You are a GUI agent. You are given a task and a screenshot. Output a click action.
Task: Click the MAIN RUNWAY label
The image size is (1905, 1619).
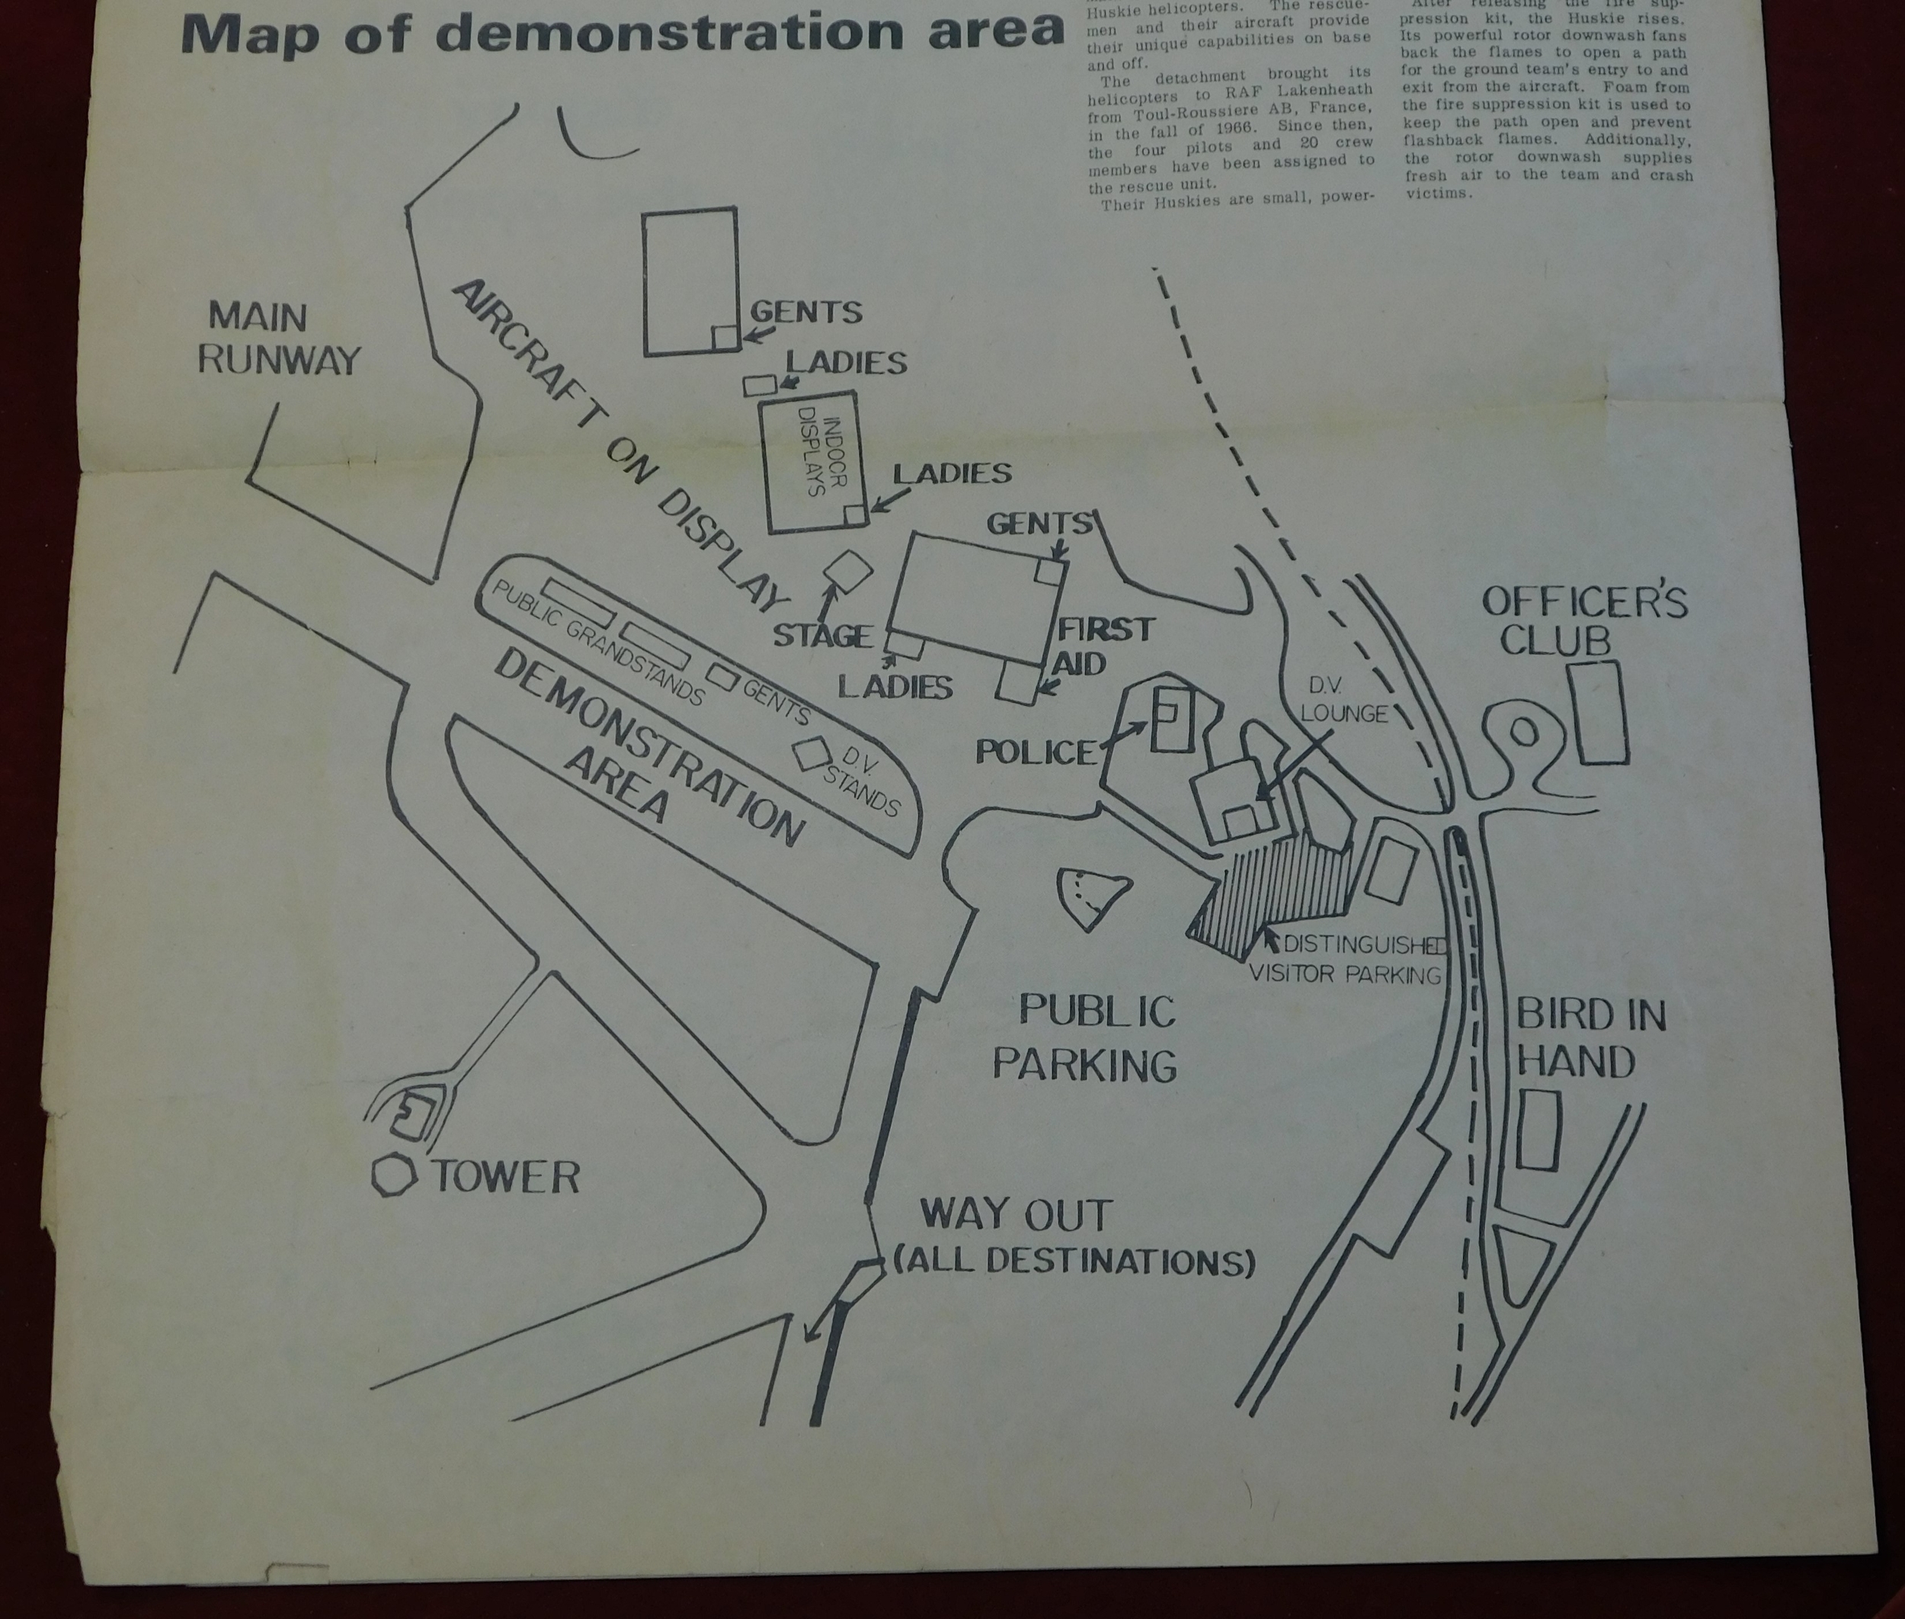[x=279, y=338]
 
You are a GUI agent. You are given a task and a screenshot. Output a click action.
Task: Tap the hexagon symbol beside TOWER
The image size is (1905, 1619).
[x=395, y=1174]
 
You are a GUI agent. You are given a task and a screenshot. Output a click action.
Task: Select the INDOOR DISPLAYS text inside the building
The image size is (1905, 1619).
[x=821, y=456]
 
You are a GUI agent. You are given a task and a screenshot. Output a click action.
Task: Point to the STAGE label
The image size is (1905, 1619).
[x=822, y=635]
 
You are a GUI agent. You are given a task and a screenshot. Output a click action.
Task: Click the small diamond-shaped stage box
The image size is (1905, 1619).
[x=848, y=571]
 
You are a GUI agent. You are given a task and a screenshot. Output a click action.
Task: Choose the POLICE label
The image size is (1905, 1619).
[x=1035, y=752]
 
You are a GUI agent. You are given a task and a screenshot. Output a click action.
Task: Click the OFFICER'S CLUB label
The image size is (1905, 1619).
[x=1584, y=621]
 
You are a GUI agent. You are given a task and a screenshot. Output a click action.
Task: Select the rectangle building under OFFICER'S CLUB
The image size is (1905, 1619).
[x=1598, y=712]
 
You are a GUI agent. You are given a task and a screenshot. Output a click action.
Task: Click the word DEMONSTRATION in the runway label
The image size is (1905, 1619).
[x=650, y=746]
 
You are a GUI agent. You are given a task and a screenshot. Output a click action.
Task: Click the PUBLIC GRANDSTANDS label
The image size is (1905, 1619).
[x=598, y=643]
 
